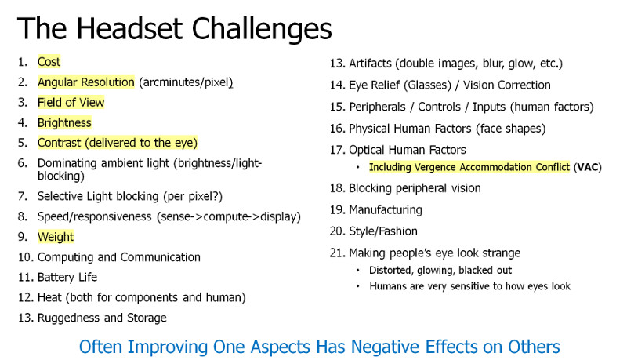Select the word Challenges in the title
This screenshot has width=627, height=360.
click(262, 30)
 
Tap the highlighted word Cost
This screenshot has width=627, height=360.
click(49, 62)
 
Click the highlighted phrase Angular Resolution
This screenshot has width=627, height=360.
click(86, 82)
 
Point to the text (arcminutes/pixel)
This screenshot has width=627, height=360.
click(186, 82)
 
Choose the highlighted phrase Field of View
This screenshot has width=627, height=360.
click(71, 103)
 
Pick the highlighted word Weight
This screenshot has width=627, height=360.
click(56, 237)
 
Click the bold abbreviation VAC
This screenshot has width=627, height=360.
click(587, 167)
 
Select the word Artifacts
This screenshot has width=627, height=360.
click(370, 64)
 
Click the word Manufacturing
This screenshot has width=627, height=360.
click(386, 210)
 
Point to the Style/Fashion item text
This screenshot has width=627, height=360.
click(383, 231)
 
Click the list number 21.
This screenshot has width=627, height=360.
click(337, 253)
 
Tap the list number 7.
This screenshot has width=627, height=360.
click(22, 196)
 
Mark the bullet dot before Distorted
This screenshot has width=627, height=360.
click(358, 271)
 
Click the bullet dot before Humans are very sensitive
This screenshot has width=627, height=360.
click(358, 286)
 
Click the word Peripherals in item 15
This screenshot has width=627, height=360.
click(377, 107)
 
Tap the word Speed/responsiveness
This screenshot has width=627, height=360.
click(94, 216)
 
